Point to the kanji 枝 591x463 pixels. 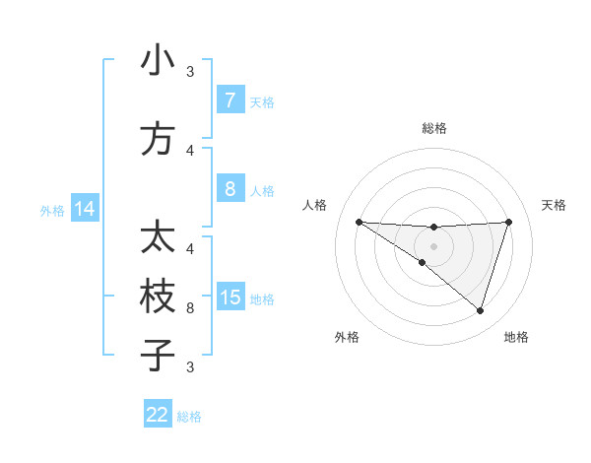pyautogui.click(x=157, y=297)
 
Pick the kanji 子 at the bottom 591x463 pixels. pyautogui.click(x=157, y=355)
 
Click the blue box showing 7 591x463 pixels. pyautogui.click(x=230, y=100)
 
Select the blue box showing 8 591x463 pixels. pyautogui.click(x=230, y=189)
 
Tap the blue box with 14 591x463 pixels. pyautogui.click(x=85, y=210)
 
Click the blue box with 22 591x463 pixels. pyautogui.click(x=158, y=415)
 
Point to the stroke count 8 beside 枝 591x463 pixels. pyautogui.click(x=190, y=308)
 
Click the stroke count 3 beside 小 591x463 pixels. pyautogui.click(x=190, y=72)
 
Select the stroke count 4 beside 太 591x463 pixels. pyautogui.click(x=190, y=248)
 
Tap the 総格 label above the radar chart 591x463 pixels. pyautogui.click(x=433, y=128)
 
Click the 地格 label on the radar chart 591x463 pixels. pyautogui.click(x=516, y=338)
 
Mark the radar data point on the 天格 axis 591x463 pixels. pyautogui.click(x=508, y=222)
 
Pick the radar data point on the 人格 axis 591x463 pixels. pyautogui.click(x=359, y=222)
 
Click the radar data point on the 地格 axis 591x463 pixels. pyautogui.click(x=480, y=310)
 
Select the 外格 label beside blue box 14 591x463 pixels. pyautogui.click(x=51, y=211)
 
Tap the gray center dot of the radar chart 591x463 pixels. pyautogui.click(x=433, y=246)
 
